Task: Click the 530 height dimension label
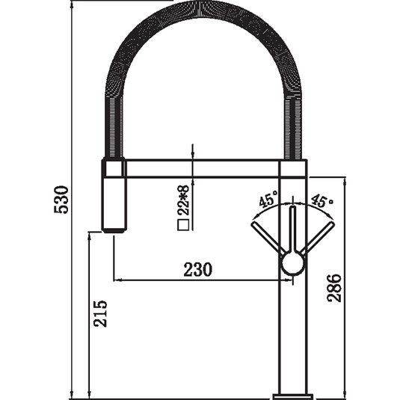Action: pyautogui.click(x=61, y=200)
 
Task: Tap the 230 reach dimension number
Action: pyautogui.click(x=197, y=269)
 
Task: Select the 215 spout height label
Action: pyautogui.click(x=100, y=313)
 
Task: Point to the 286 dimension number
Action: pyautogui.click(x=334, y=289)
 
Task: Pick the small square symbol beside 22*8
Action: pyautogui.click(x=183, y=225)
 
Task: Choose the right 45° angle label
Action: pyautogui.click(x=322, y=201)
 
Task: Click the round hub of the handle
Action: pyautogui.click(x=293, y=262)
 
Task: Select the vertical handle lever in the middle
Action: pyautogui.click(x=293, y=229)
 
